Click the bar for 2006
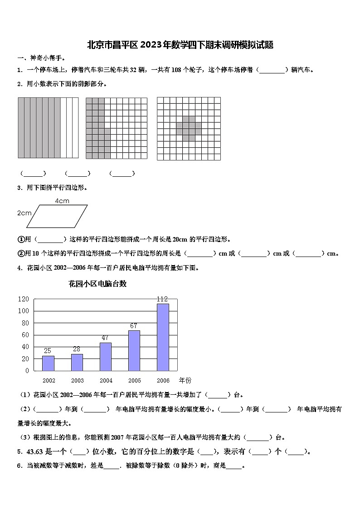click(x=163, y=337)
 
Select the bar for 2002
click(x=48, y=363)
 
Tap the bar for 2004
click(x=106, y=356)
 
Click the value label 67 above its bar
click(x=133, y=326)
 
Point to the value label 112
click(x=162, y=299)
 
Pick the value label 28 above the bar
click(x=76, y=349)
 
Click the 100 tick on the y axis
click(x=24, y=311)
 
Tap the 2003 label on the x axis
click(x=78, y=381)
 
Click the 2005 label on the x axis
click(x=135, y=381)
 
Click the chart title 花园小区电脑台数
click(x=97, y=284)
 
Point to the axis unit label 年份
click(x=185, y=380)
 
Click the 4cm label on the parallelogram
click(x=62, y=201)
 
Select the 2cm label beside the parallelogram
click(x=24, y=213)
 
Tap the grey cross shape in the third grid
click(x=189, y=128)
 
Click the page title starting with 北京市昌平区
click(x=180, y=45)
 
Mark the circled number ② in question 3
click(x=21, y=253)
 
